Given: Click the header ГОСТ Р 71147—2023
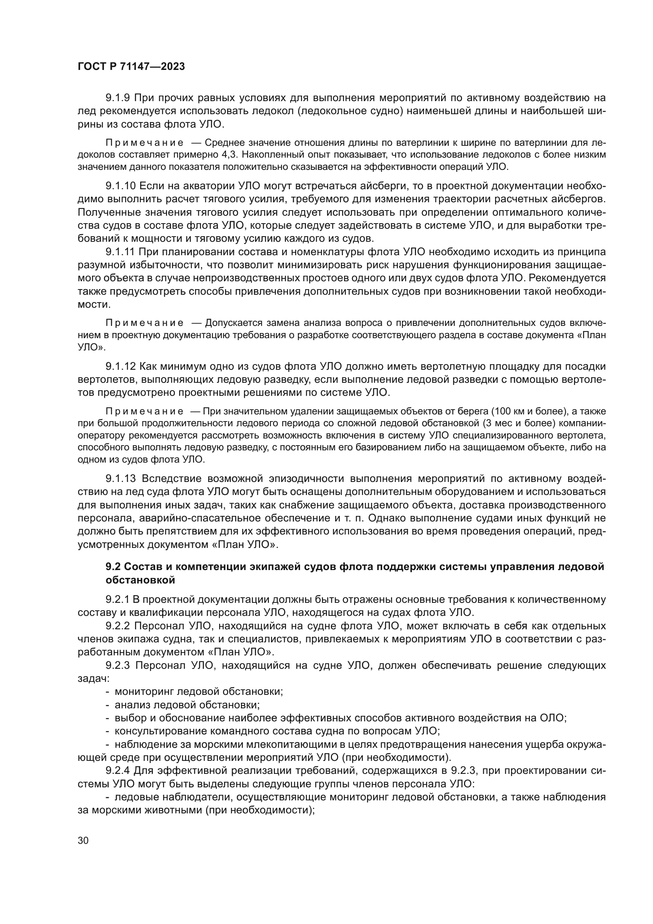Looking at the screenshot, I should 131,67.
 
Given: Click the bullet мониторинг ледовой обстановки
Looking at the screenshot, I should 199,692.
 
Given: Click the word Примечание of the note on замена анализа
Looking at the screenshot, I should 144,323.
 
